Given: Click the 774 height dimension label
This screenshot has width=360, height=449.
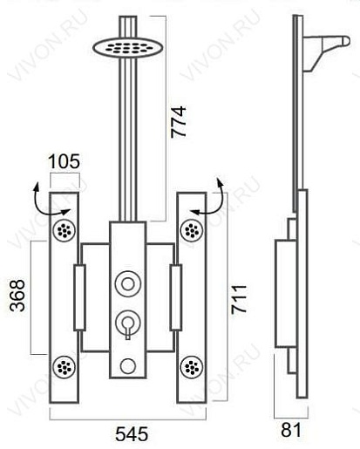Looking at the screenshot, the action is pos(178,121).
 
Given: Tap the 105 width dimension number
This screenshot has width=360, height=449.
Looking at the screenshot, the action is pos(64,161).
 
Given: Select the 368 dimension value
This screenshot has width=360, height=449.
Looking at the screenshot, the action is pos(17,296).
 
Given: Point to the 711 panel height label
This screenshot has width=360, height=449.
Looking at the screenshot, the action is pos(239,300).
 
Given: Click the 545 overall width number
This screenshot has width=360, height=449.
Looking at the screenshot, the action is pos(132,434).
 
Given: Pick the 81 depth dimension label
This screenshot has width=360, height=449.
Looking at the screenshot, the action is pos(291,430).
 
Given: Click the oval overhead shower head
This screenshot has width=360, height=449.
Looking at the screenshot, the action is pos(128,47).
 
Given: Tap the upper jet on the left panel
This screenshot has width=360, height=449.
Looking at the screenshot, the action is pos(65,230).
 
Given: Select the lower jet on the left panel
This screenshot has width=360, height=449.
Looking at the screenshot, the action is pos(65,367).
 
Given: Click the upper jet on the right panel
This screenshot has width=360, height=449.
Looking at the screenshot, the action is pos(192,230).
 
